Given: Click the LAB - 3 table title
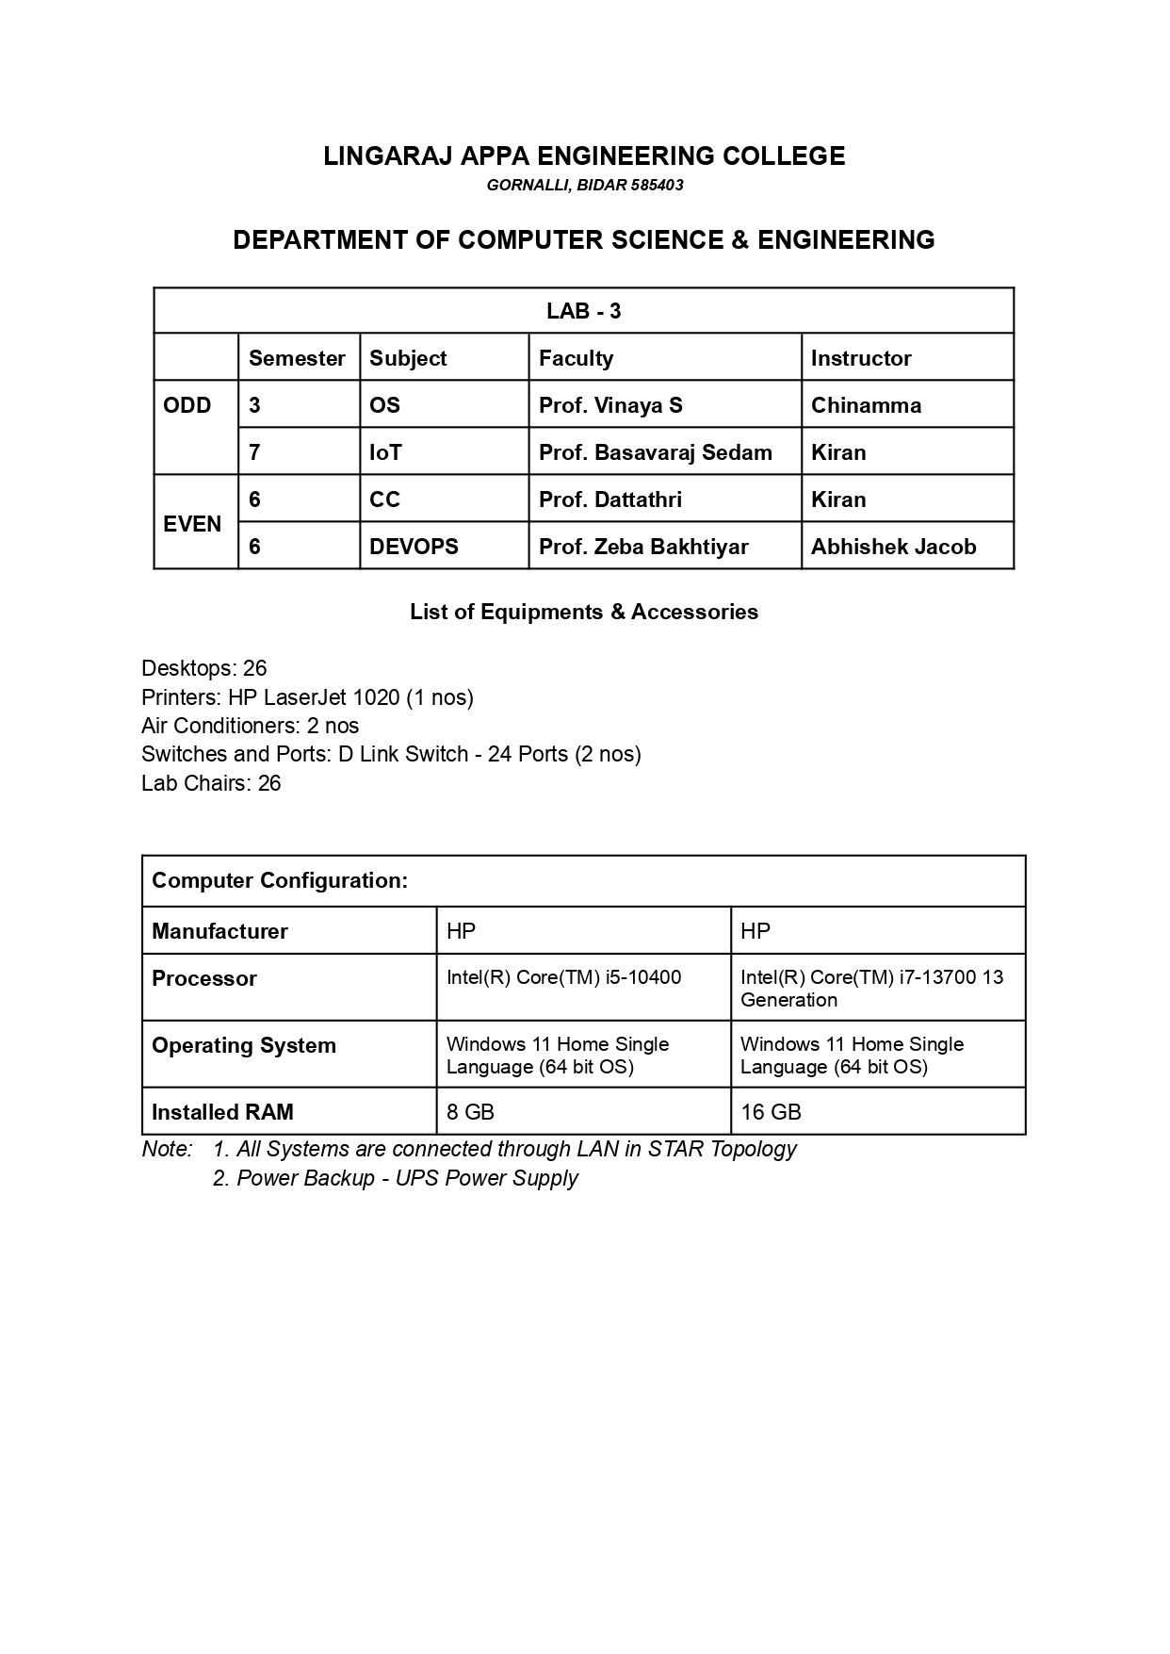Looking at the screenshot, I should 583,311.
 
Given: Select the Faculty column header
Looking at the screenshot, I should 576,358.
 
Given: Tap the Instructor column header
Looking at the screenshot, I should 861,358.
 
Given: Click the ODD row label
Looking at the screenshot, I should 187,405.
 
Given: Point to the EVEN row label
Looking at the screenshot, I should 192,524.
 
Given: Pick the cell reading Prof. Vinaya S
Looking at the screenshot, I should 610,405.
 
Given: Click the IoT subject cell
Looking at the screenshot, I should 385,452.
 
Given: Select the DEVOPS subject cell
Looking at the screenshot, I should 414,547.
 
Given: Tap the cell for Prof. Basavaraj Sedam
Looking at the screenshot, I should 655,452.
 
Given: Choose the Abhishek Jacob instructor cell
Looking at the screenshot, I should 893,547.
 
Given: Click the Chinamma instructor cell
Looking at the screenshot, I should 866,405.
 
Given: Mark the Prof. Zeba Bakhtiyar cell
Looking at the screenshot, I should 643,547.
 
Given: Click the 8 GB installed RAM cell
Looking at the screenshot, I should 470,1112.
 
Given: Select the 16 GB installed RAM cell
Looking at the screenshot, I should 771,1112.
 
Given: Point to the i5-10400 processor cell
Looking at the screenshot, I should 563,977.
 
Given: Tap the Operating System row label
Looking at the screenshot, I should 244,1045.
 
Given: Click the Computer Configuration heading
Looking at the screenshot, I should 280,880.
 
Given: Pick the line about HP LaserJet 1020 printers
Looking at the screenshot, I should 307,697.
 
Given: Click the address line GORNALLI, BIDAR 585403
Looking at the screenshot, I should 584,186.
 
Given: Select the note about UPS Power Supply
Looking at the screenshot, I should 395,1178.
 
